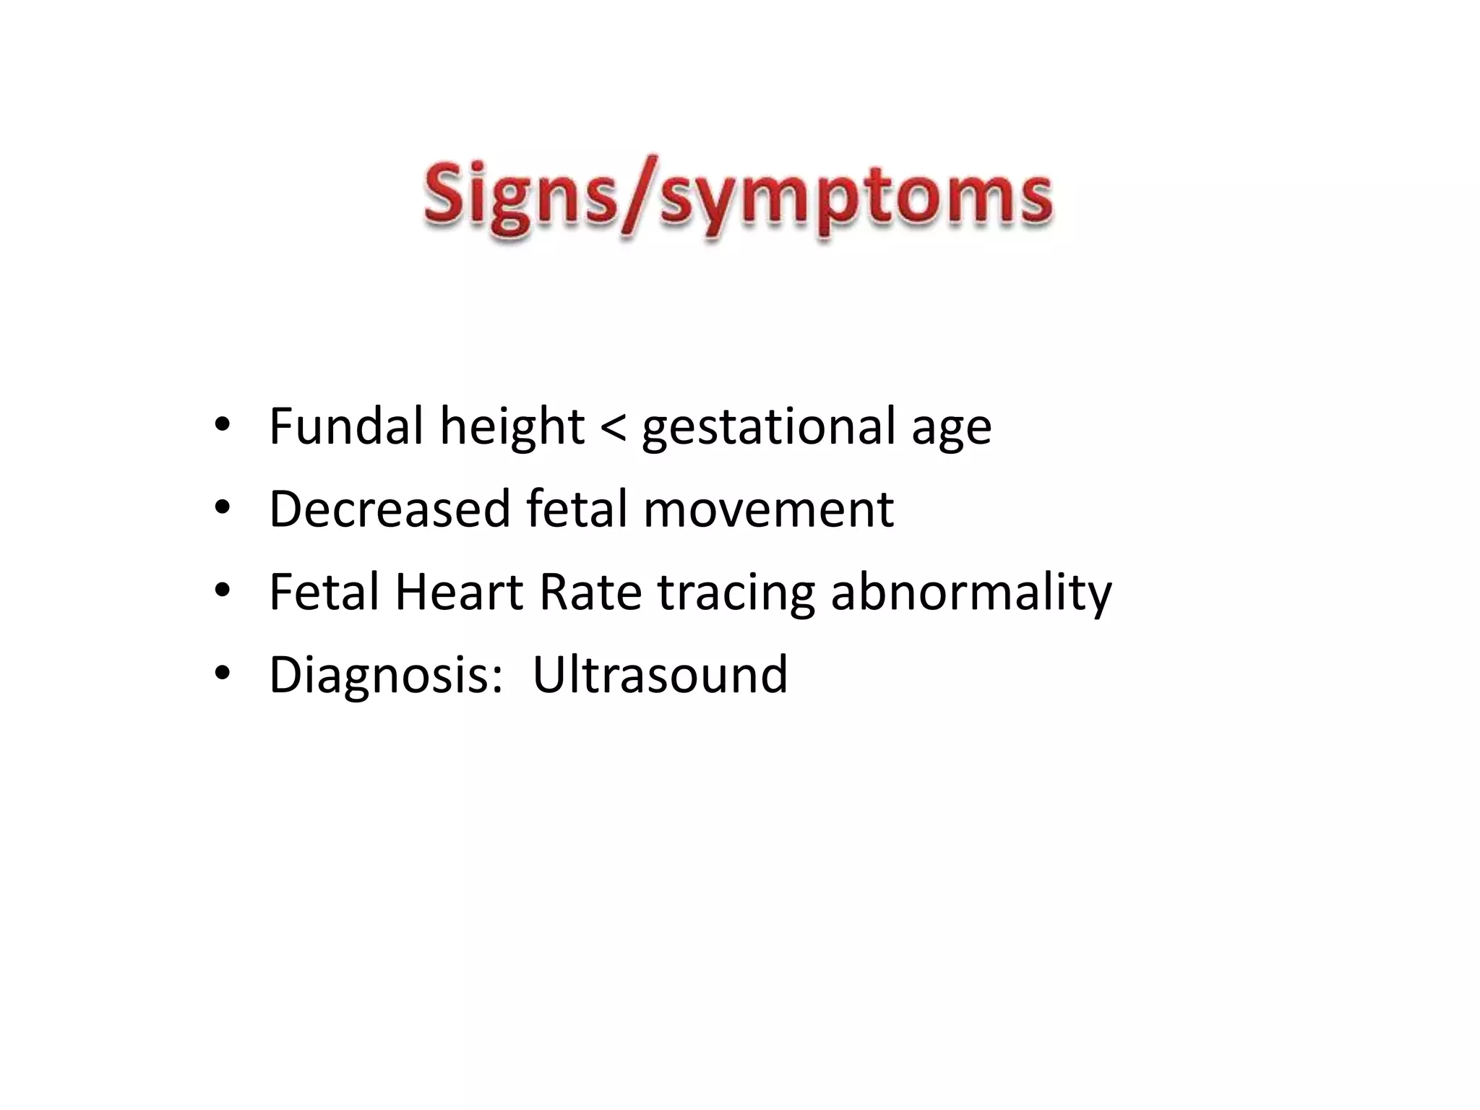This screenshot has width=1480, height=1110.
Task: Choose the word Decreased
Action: (389, 509)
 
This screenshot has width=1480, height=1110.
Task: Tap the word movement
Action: (768, 510)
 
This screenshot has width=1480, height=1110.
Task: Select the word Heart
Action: (458, 592)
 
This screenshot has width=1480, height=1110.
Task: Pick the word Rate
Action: (590, 592)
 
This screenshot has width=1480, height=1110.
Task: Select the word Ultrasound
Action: (659, 675)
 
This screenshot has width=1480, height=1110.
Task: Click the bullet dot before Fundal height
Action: (222, 426)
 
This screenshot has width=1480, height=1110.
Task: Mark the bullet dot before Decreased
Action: (222, 509)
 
